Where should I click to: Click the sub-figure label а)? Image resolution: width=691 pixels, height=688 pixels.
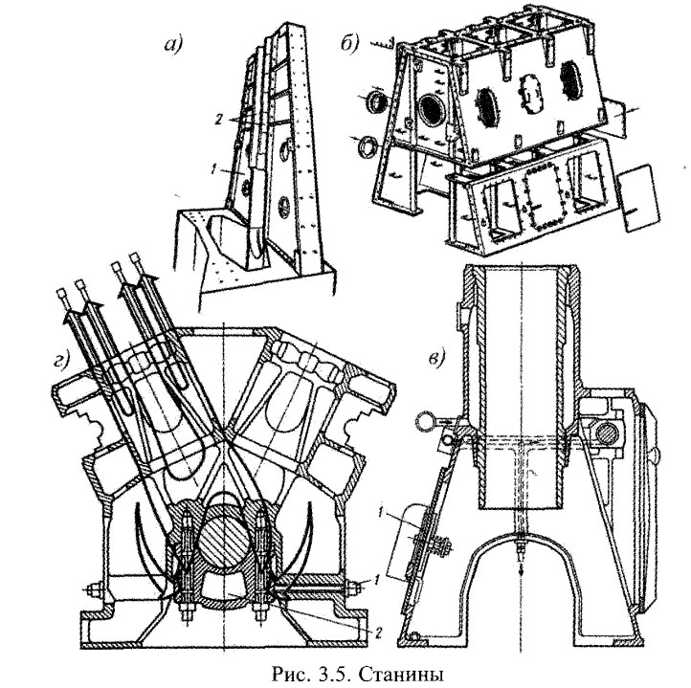point(174,44)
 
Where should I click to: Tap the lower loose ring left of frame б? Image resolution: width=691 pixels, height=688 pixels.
point(365,145)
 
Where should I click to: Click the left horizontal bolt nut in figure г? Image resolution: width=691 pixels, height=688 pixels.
point(96,589)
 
